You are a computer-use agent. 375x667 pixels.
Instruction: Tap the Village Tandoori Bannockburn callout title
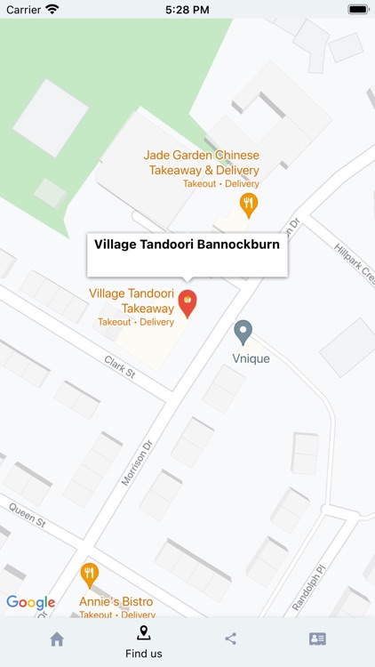coord(187,244)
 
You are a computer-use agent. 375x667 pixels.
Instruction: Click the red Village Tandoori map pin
coord(187,302)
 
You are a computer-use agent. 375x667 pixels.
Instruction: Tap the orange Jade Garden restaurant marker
coord(250,205)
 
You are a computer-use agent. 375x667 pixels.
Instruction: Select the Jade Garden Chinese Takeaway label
coord(202,163)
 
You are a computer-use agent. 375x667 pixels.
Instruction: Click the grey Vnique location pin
coord(243,333)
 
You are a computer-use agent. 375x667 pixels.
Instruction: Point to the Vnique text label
coord(251,358)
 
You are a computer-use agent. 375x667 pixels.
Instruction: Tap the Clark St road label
coord(119,366)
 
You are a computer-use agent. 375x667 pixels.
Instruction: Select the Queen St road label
coord(27,515)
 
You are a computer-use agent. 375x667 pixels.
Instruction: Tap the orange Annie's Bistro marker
coord(89,575)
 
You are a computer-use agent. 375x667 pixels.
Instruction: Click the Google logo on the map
coord(31,602)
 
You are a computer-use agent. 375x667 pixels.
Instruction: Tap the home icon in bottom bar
coord(57,639)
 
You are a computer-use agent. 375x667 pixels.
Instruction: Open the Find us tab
coord(143,641)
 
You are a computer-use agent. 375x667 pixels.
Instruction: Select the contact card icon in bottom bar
coord(317,639)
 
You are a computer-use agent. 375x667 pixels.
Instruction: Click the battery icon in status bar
coord(357,9)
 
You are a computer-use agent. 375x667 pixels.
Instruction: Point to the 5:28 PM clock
coord(187,9)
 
